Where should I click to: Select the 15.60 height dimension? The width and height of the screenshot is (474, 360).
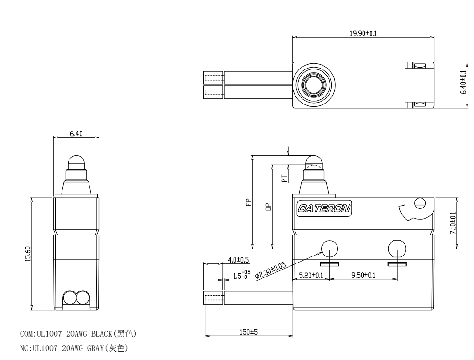pyautogui.click(x=27, y=253)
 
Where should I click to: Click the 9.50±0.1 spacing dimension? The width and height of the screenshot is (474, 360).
pyautogui.click(x=364, y=275)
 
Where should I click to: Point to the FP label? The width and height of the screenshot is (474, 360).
pyautogui.click(x=248, y=202)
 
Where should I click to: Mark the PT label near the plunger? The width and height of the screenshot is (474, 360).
pyautogui.click(x=284, y=180)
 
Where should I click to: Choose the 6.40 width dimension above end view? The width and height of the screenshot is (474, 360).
pyautogui.click(x=76, y=134)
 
